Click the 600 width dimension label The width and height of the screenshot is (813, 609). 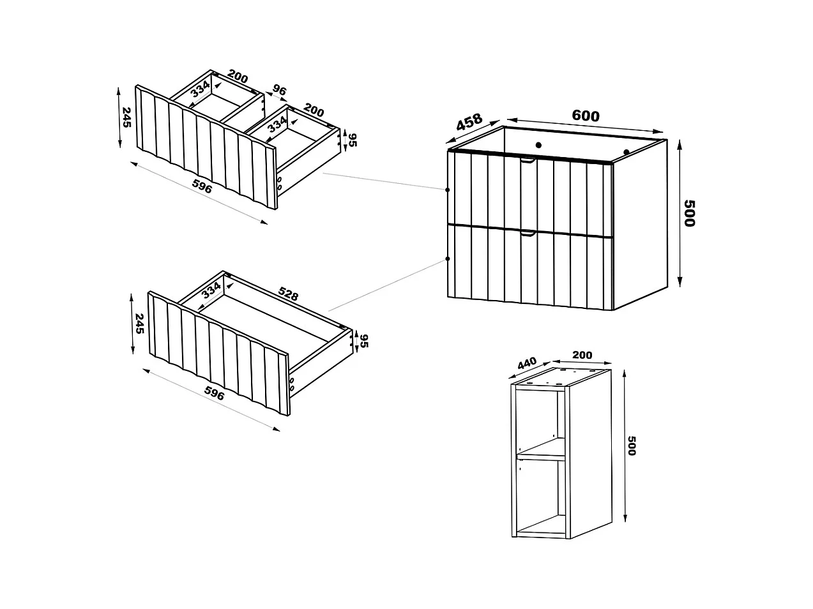(585, 116)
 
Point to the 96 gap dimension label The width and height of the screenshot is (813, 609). (279, 90)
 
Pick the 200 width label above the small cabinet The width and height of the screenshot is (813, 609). (582, 355)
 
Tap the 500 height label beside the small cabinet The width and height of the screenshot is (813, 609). (632, 445)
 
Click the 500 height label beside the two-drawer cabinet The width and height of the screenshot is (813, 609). (688, 213)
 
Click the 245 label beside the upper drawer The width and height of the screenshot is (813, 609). (126, 117)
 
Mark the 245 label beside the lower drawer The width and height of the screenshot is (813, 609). (140, 322)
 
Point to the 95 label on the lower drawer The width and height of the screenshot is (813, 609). (364, 341)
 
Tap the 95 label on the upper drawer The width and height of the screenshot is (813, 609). (351, 139)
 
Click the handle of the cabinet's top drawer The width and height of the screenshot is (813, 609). (528, 162)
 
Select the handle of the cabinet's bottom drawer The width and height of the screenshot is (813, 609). (528, 234)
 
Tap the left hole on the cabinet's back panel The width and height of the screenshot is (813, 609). (538, 144)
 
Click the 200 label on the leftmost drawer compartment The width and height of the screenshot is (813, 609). (237, 78)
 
